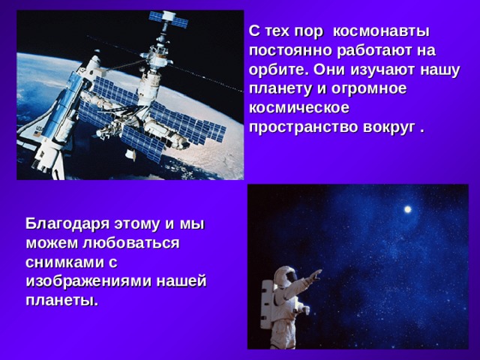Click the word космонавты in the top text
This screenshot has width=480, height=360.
click(380, 32)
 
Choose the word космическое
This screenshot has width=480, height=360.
click(295, 107)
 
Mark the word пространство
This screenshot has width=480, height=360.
click(301, 126)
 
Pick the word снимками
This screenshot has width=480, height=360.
click(64, 262)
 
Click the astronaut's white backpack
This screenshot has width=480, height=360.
click(267, 293)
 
